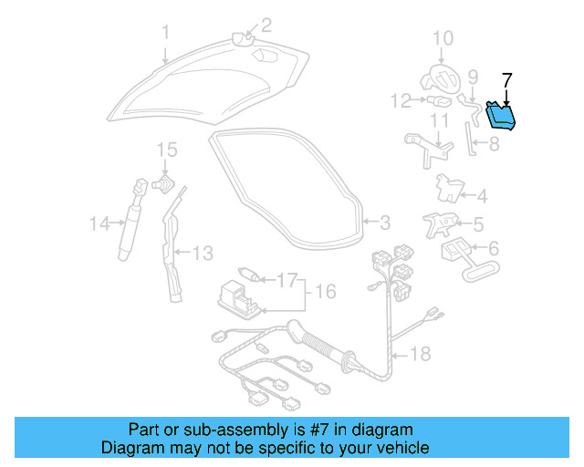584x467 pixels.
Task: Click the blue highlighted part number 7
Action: (x=500, y=115)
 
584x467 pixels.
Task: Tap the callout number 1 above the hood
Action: (x=166, y=34)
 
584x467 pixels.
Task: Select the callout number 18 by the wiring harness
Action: (x=421, y=353)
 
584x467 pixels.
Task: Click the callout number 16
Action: (x=326, y=292)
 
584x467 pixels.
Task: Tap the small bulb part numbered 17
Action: (x=247, y=274)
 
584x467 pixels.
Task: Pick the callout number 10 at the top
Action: (x=442, y=37)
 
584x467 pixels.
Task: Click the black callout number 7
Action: (x=507, y=79)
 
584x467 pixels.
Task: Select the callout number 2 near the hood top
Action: (x=266, y=25)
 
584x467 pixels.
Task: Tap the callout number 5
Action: (x=478, y=222)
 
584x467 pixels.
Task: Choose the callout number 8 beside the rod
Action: (x=494, y=144)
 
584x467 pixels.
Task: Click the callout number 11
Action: (x=439, y=119)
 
